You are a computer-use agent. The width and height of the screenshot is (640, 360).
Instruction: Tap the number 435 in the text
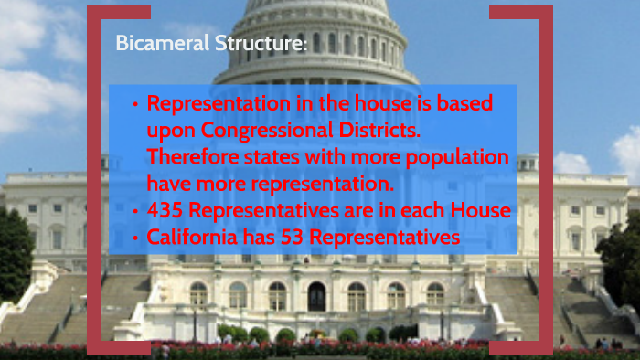pyautogui.click(x=165, y=212)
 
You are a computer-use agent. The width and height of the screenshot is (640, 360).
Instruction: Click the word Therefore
pyautogui.click(x=190, y=157)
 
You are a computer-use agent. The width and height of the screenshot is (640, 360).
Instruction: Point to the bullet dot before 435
pyautogui.click(x=135, y=212)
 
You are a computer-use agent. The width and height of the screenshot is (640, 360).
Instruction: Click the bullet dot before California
pyautogui.click(x=135, y=238)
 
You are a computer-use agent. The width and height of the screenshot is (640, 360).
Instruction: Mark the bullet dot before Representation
pyautogui.click(x=135, y=104)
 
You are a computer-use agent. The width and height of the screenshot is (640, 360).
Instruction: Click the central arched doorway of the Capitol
pyautogui.click(x=316, y=296)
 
